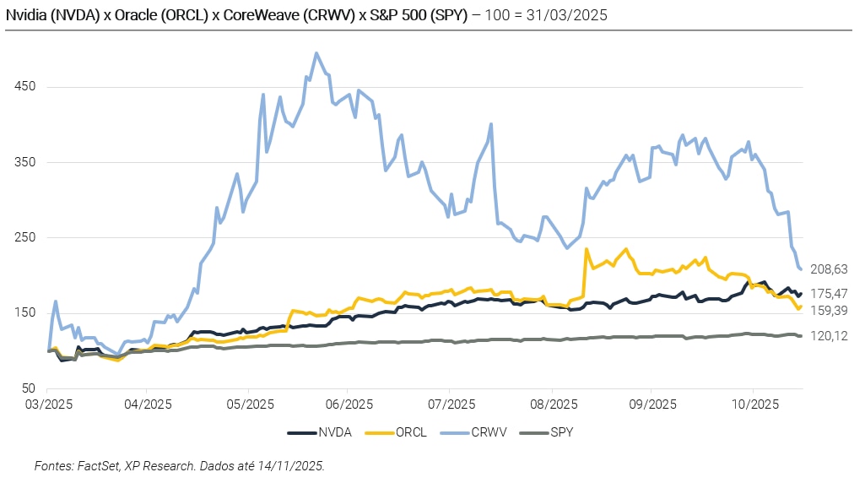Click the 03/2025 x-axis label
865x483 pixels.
point(48,404)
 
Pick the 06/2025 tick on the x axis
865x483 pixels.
point(349,404)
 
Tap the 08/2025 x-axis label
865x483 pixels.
point(550,404)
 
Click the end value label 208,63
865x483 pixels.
point(829,269)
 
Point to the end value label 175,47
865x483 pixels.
point(829,294)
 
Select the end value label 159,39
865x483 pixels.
point(829,311)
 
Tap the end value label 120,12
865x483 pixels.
point(829,336)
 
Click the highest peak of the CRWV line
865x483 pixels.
point(316,53)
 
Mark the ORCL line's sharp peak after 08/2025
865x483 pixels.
point(587,248)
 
